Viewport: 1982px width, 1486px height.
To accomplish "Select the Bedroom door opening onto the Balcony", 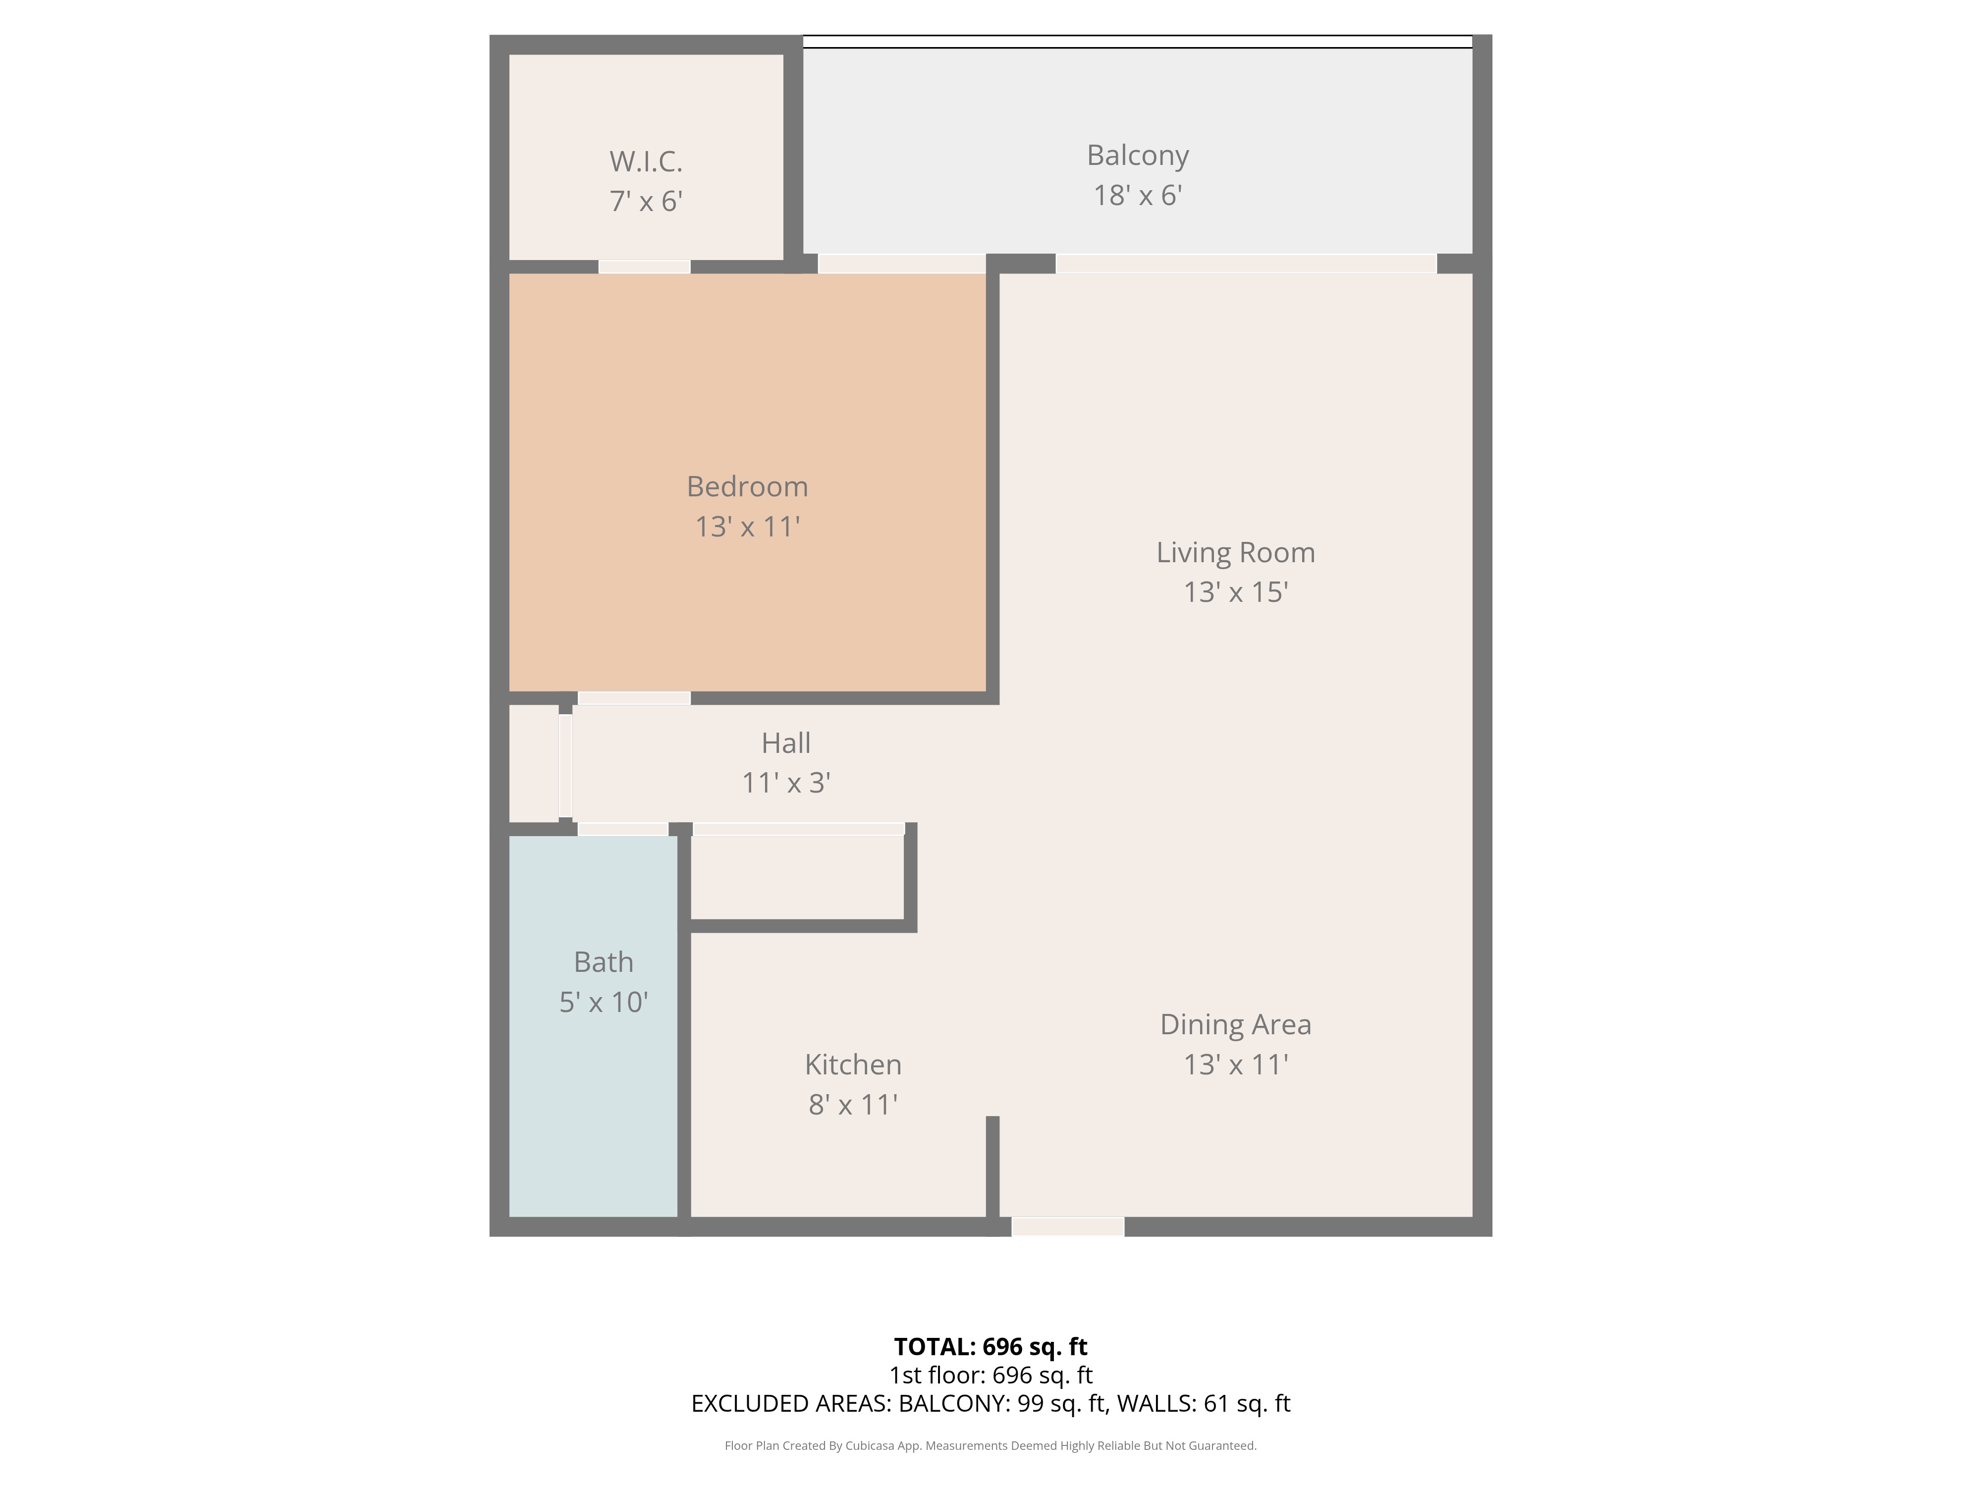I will click(x=901, y=264).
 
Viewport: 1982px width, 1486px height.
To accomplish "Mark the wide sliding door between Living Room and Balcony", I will click(x=1246, y=264).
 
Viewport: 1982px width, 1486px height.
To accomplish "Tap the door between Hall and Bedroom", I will click(x=633, y=698).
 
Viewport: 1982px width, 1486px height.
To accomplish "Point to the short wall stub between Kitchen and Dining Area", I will click(x=992, y=1165).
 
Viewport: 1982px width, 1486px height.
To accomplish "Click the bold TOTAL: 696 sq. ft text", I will click(x=990, y=1346).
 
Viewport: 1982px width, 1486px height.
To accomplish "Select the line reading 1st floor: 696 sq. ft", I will click(x=990, y=1375).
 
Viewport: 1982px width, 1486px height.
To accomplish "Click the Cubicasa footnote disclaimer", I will click(x=990, y=1446).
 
